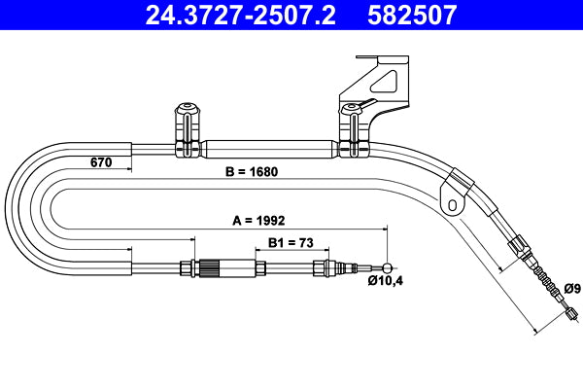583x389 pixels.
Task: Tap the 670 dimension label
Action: click(x=102, y=162)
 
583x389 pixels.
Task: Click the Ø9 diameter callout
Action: click(x=572, y=288)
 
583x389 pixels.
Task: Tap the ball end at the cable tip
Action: click(x=389, y=267)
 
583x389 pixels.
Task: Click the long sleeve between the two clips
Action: click(x=268, y=151)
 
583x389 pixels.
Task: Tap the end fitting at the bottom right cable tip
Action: click(x=571, y=313)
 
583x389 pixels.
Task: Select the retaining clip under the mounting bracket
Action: click(x=350, y=131)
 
